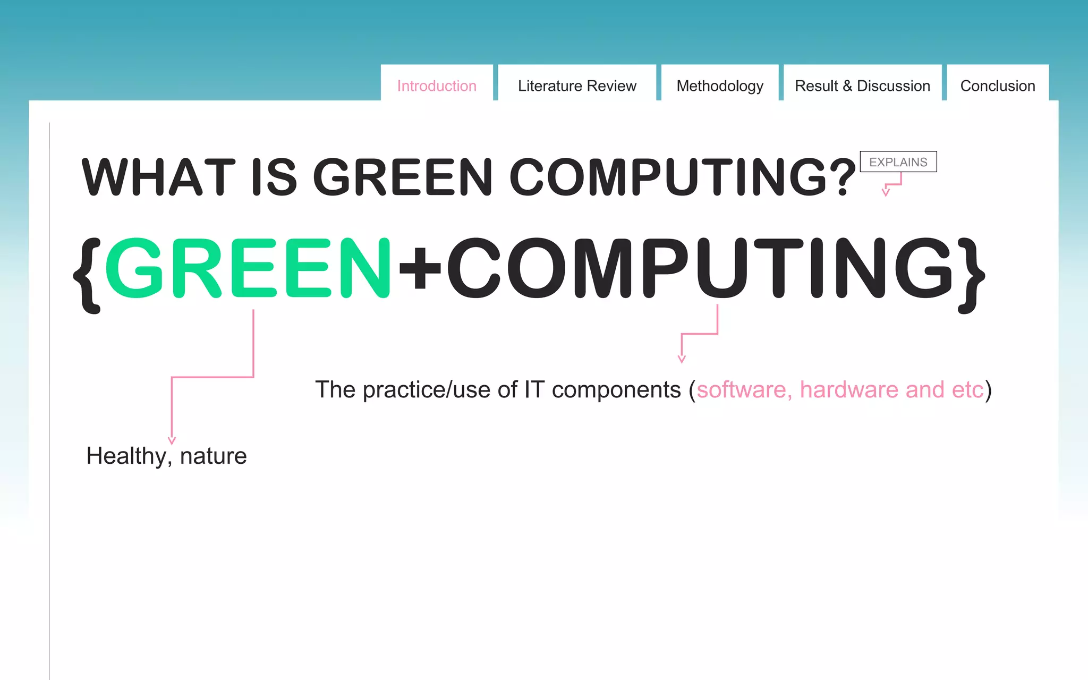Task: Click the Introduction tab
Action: pos(437,86)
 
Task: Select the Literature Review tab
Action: pos(577,86)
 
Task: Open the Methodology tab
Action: pos(720,86)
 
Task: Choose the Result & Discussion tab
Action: pos(862,86)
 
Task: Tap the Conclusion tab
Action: pos(998,86)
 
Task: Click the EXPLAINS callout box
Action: pos(898,162)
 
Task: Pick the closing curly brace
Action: pos(971,275)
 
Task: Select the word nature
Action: pos(213,456)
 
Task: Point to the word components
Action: pos(616,390)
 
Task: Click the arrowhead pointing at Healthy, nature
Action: pos(172,440)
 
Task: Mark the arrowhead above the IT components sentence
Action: pos(682,359)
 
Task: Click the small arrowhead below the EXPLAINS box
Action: pos(886,192)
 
